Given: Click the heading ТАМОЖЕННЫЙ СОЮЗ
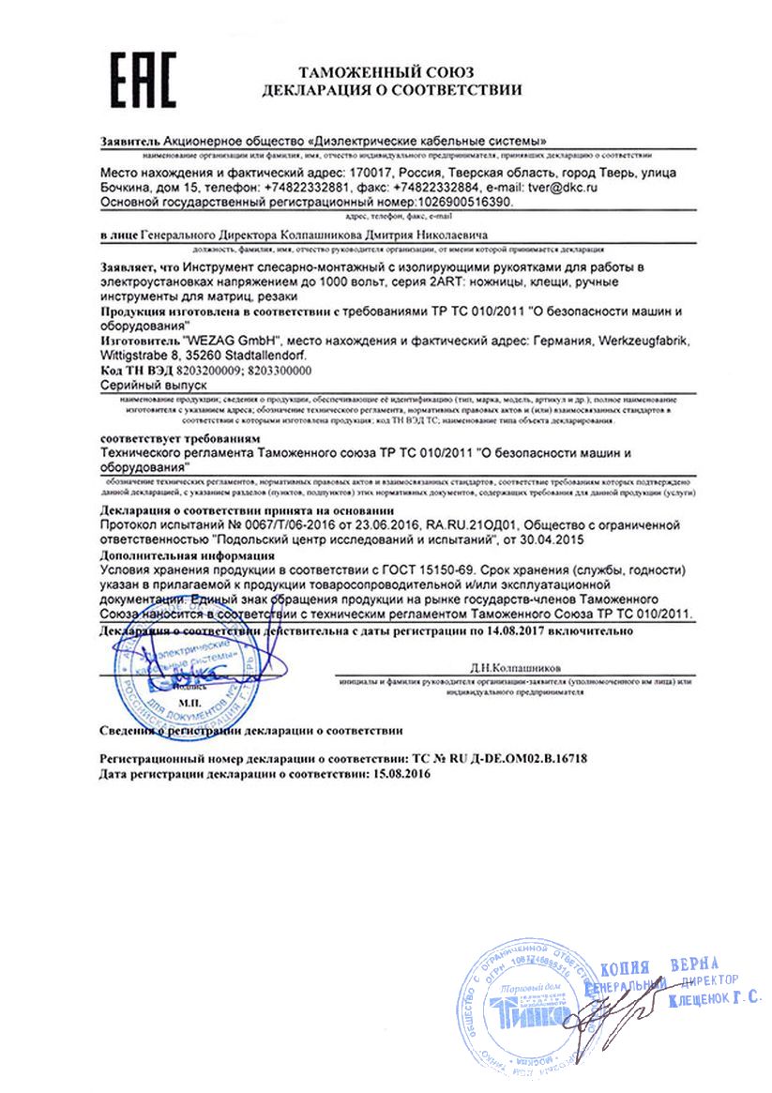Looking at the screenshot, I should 386,72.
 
